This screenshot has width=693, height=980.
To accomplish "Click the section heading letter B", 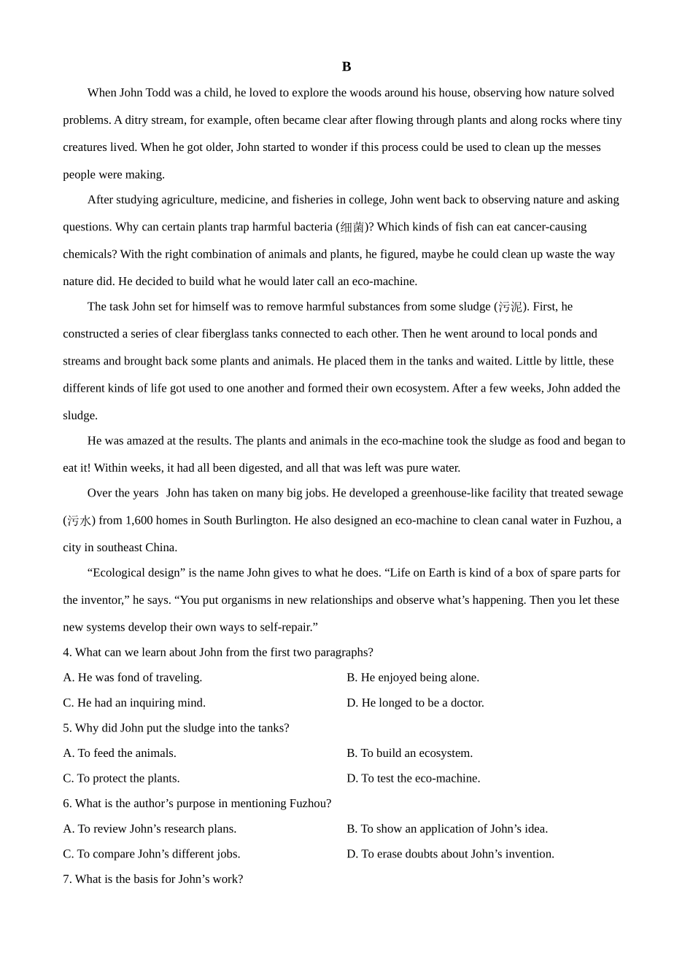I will click(346, 67).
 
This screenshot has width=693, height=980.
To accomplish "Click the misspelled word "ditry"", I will click(139, 120).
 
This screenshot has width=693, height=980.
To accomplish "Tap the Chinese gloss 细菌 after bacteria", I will click(352, 227).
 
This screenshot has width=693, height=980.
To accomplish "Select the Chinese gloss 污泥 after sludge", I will click(510, 307).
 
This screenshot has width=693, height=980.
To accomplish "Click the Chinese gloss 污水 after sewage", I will click(79, 521).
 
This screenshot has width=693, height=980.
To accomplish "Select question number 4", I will click(67, 653).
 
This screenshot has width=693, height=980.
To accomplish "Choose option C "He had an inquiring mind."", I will click(134, 703).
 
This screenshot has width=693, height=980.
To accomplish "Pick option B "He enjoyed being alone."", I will click(413, 677).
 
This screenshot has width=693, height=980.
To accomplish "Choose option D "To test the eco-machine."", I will click(414, 779).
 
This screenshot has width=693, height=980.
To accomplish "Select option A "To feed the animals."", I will click(120, 753).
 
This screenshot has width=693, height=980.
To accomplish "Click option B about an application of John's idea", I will click(447, 829).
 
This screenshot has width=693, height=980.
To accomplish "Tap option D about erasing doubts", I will click(450, 854).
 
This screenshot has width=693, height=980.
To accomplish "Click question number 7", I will click(67, 879).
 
